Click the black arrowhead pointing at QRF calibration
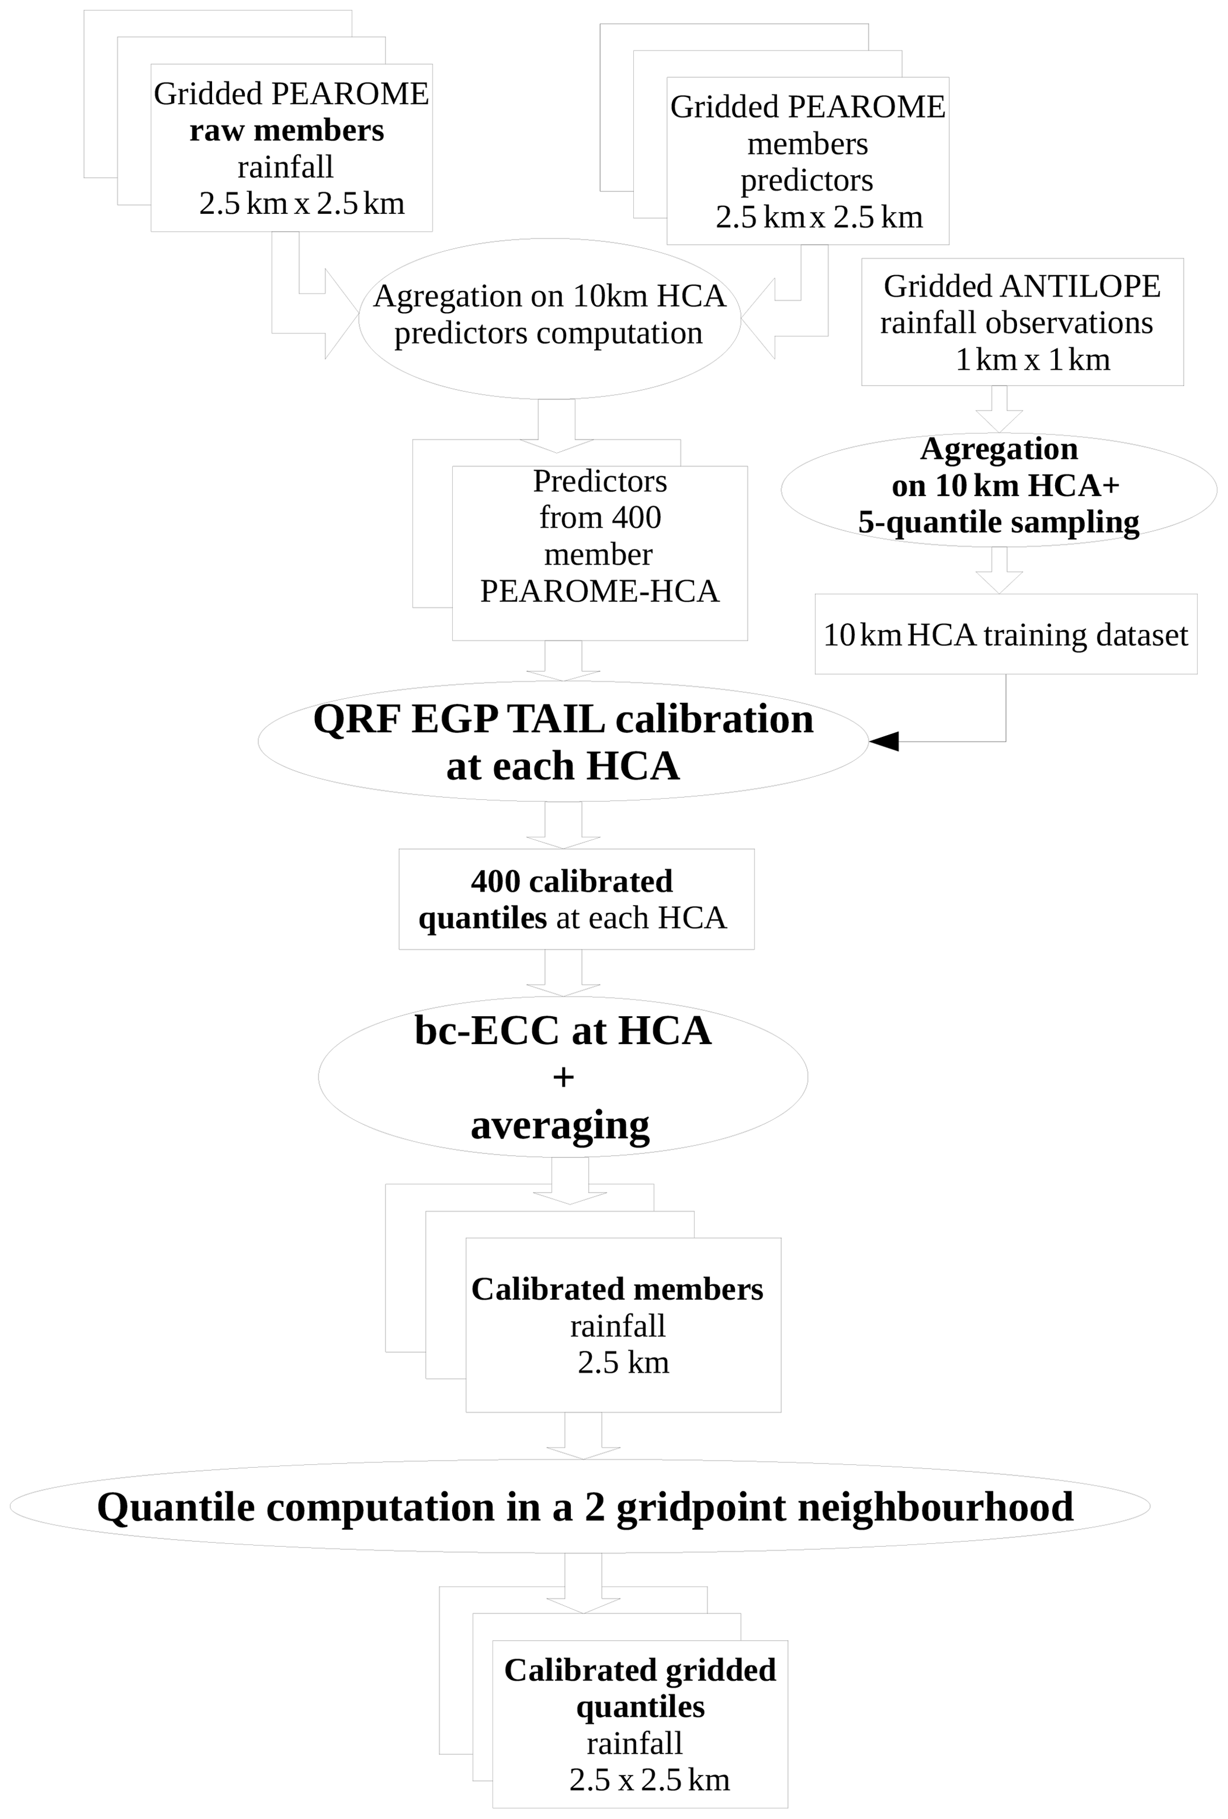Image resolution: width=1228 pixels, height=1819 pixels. pyautogui.click(x=885, y=740)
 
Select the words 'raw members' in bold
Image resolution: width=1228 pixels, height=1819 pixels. pyautogui.click(x=286, y=131)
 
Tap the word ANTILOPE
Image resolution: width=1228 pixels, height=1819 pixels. pyautogui.click(x=1079, y=286)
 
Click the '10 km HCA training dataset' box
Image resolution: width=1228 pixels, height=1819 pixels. pyautogui.click(x=1005, y=635)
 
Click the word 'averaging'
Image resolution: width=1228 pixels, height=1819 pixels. pyautogui.click(x=560, y=1125)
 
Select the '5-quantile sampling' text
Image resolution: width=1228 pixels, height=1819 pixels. pyautogui.click(x=998, y=522)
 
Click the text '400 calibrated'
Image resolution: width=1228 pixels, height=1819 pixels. pyautogui.click(x=572, y=881)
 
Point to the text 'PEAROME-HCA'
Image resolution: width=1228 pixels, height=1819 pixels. pyautogui.click(x=599, y=591)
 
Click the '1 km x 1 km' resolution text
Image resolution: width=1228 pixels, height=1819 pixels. pyautogui.click(x=1033, y=360)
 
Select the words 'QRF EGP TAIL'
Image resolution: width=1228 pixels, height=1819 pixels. pyautogui.click(x=459, y=719)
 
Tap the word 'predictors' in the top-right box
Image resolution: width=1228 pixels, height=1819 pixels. pyautogui.click(x=806, y=180)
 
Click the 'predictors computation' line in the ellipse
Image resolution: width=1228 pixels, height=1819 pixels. pyautogui.click(x=548, y=333)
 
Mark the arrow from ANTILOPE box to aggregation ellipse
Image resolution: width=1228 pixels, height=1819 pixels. pyautogui.click(x=999, y=409)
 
